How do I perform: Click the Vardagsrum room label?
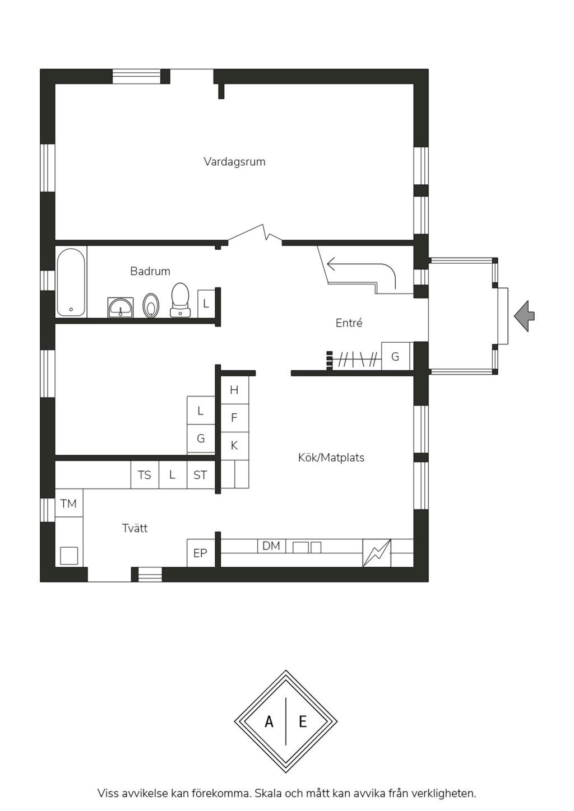point(234,161)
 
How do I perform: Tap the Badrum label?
point(150,271)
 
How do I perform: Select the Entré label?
point(349,323)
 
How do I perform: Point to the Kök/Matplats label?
point(331,458)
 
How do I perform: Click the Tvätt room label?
point(135,528)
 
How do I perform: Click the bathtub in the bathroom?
point(71,282)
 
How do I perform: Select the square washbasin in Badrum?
point(121,307)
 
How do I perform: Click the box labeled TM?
point(69,504)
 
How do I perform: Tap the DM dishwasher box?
point(271,546)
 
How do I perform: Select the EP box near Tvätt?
point(200,553)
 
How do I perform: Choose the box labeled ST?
point(200,474)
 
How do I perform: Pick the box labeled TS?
point(145,474)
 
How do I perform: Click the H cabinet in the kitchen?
point(234,390)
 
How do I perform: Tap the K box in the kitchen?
point(234,446)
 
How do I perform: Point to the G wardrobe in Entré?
point(396,356)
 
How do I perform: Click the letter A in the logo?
point(269,722)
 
